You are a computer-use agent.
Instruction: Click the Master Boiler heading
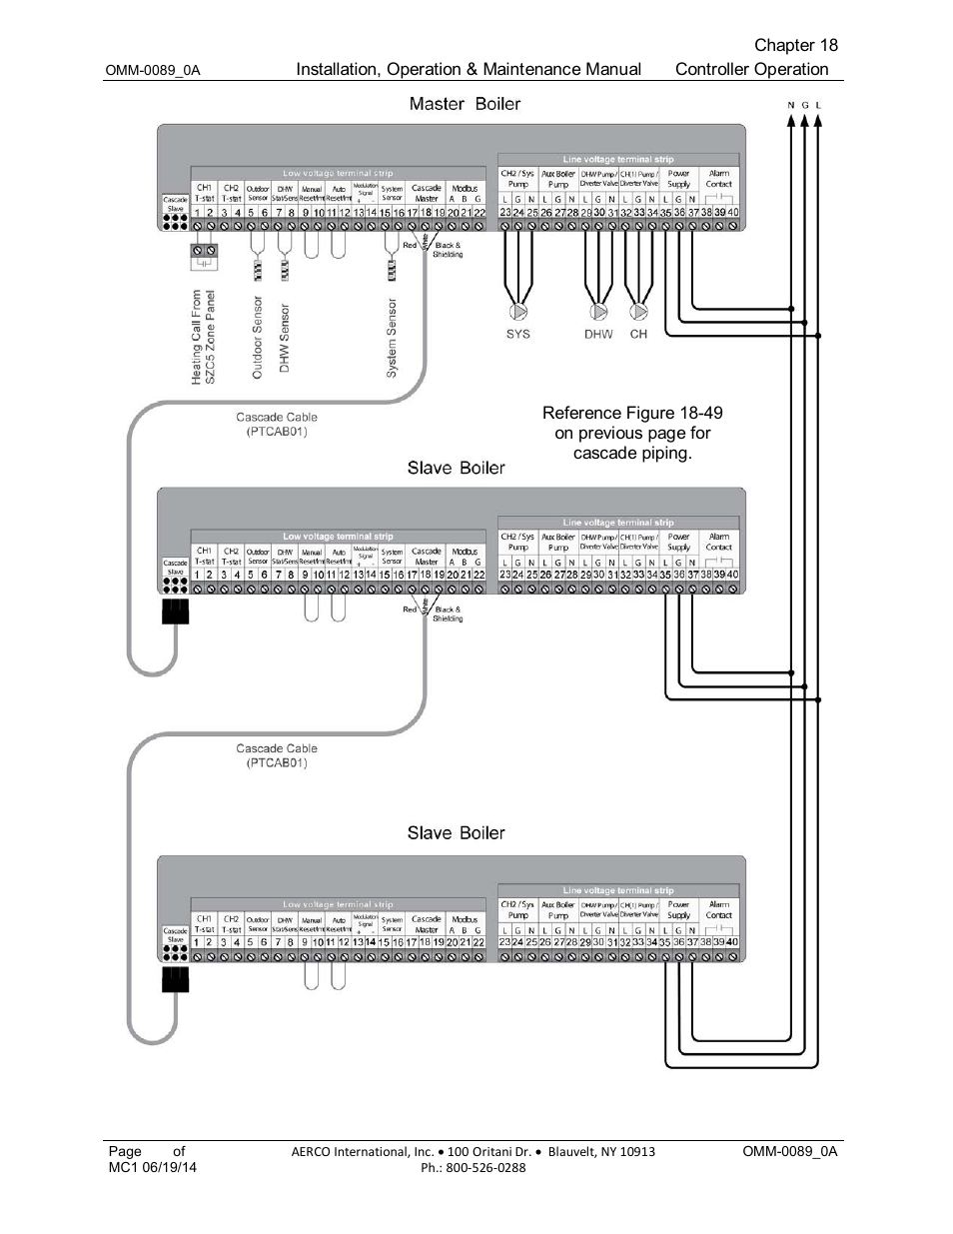coord(465,104)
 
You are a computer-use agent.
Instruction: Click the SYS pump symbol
coord(517,312)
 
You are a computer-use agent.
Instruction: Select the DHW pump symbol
coord(598,312)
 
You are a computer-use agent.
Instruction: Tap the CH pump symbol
coord(638,312)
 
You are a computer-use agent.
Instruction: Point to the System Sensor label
coord(392,338)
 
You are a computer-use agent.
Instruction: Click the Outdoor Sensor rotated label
coord(257,337)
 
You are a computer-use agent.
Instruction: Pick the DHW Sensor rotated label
coord(284,339)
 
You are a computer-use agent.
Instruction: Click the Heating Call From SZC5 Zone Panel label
coord(203,337)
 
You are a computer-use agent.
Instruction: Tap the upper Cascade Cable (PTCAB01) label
coord(277,425)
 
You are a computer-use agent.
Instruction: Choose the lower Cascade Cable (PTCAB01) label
coord(277,755)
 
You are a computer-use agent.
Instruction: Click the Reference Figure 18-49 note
coord(632,433)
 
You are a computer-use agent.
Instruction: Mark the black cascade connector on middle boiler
coord(175,611)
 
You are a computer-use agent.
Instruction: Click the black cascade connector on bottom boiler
coord(175,979)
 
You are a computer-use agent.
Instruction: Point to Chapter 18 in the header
coord(795,45)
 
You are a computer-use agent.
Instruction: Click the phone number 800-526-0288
coord(473,1167)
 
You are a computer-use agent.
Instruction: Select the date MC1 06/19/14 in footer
coord(153,1167)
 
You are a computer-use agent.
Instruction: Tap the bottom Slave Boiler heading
coord(456,833)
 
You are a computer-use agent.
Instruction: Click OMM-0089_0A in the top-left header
coord(153,71)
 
